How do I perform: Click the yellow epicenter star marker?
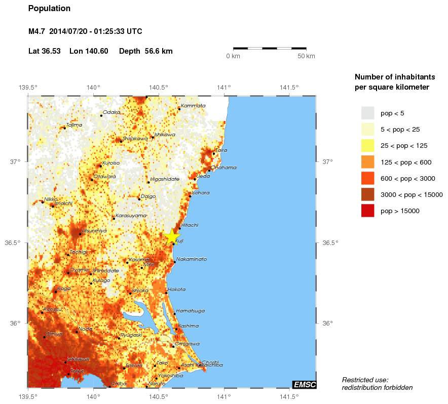[x=172, y=236]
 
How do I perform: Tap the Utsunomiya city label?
[x=94, y=230]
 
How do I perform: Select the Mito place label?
[x=148, y=264]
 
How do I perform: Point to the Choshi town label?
[x=210, y=362]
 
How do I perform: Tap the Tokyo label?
[x=77, y=371]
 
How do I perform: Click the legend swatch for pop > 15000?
[x=367, y=211]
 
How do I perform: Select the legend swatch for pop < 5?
[x=367, y=112]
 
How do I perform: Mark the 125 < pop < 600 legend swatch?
[x=367, y=161]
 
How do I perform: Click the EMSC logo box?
[x=304, y=385]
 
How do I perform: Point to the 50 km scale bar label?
[x=306, y=56]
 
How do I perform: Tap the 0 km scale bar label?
[x=233, y=56]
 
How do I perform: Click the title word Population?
[x=49, y=9]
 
